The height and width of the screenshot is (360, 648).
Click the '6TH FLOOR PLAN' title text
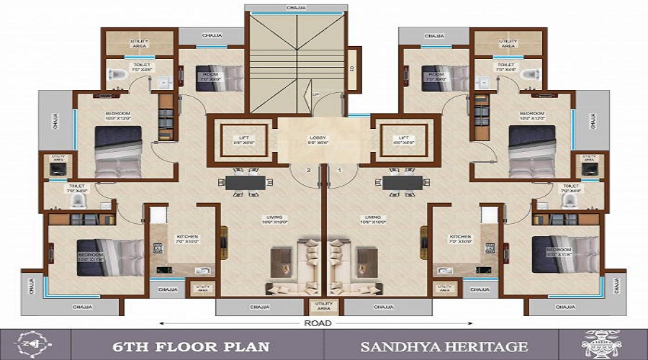point(191,346)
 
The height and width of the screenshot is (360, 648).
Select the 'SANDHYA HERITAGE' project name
point(444,346)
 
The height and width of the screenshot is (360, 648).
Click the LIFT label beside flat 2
point(243,138)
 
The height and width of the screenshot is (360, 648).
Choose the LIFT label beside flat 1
point(403,138)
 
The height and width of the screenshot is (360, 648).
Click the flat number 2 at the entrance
point(308,170)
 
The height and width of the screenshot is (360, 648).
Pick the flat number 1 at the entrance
point(339,170)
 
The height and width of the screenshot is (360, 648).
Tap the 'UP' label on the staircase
point(315,94)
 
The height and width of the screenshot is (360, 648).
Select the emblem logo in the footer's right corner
point(601,345)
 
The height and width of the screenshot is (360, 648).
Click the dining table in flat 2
point(246,182)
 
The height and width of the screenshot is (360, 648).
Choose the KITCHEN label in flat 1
point(460,238)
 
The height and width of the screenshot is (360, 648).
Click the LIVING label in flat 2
point(273,218)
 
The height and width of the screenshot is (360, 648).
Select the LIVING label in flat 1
point(372,218)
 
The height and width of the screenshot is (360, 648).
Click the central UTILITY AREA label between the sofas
point(323,307)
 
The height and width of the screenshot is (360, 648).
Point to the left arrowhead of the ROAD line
point(161,324)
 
